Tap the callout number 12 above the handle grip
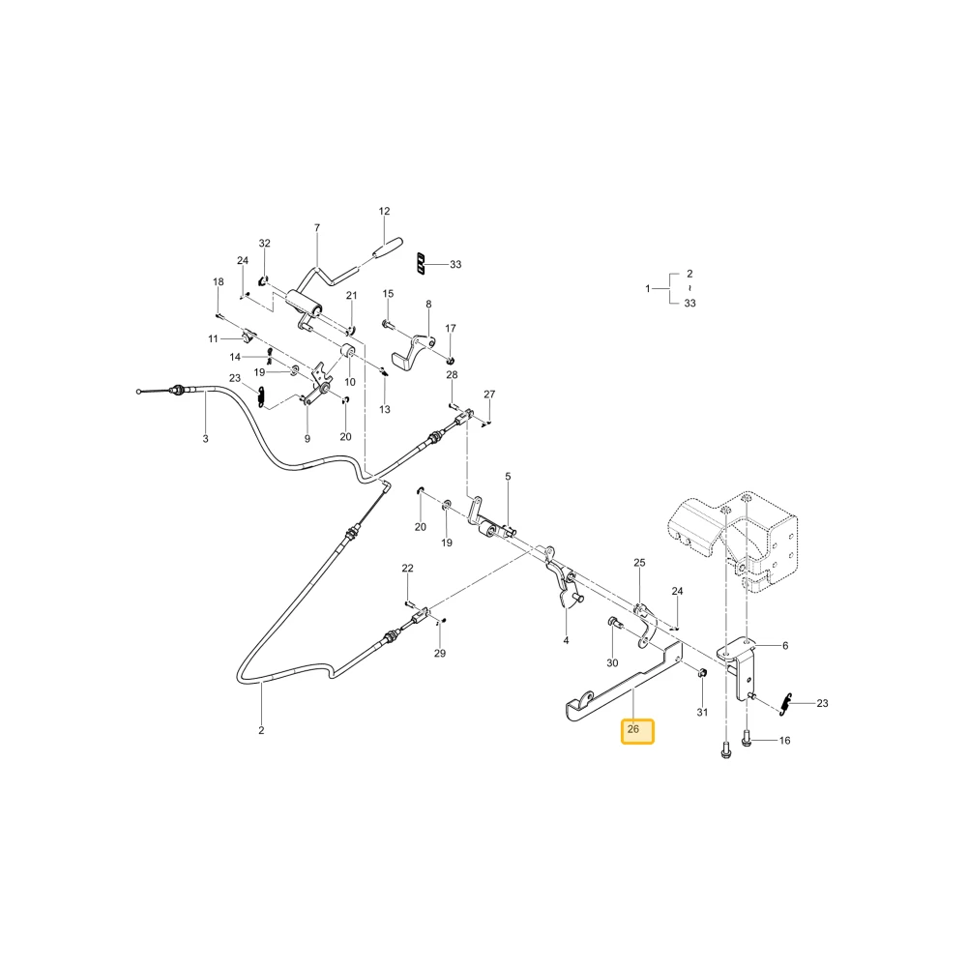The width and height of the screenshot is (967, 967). [384, 211]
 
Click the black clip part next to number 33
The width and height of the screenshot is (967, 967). [422, 263]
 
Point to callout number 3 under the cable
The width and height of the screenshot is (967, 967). [205, 438]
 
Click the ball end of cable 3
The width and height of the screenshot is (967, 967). [138, 392]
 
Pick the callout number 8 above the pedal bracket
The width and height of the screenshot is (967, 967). [428, 304]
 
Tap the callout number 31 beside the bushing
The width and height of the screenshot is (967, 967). [702, 712]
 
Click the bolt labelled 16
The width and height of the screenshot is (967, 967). [747, 738]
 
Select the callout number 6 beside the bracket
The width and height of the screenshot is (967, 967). [785, 646]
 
